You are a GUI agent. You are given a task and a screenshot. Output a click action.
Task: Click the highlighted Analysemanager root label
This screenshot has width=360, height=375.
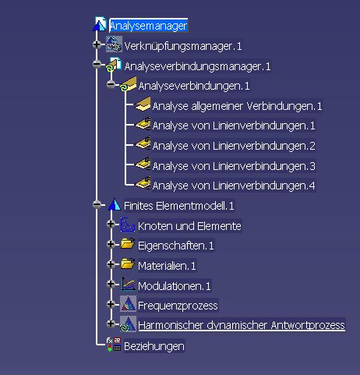[148, 26]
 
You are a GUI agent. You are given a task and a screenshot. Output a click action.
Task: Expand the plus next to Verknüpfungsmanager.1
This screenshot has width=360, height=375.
[97, 44]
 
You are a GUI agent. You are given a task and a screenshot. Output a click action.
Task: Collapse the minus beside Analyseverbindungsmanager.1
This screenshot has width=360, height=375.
[97, 64]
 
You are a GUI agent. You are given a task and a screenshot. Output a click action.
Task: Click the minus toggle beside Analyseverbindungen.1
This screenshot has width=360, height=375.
[111, 84]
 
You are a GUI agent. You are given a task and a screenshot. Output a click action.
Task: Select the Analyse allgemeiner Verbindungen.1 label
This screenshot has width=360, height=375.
[237, 106]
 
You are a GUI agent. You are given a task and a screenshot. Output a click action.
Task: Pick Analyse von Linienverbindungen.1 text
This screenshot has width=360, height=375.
[234, 126]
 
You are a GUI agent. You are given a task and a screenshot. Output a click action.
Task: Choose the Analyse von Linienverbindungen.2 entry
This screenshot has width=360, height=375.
[234, 146]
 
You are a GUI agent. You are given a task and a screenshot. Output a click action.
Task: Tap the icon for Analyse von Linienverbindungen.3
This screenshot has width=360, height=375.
[143, 164]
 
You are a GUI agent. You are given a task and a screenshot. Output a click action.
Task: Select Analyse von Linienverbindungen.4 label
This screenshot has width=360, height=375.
[234, 186]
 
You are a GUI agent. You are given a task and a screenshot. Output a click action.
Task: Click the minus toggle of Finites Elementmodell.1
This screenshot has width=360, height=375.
[97, 204]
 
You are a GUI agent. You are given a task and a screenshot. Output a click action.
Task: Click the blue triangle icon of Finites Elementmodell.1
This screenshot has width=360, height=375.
[115, 204]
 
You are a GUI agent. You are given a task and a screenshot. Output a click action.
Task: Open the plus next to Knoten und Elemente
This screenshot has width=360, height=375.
[111, 224]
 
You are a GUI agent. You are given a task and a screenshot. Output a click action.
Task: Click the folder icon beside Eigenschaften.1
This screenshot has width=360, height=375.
[128, 244]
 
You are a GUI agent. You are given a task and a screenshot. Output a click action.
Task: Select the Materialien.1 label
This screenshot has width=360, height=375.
[167, 266]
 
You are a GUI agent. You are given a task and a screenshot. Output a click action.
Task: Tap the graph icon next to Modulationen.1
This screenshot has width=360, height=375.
[128, 284]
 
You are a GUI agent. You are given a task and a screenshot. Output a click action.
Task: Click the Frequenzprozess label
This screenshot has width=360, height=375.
[178, 306]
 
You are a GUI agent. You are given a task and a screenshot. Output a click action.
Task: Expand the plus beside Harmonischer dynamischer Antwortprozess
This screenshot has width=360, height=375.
[111, 324]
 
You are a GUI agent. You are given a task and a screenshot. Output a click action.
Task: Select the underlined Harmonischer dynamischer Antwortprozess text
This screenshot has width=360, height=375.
[242, 325]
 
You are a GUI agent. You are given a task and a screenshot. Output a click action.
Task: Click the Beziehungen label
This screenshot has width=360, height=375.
[154, 346]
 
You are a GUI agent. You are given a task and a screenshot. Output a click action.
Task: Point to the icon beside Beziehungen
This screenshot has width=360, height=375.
[114, 345]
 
